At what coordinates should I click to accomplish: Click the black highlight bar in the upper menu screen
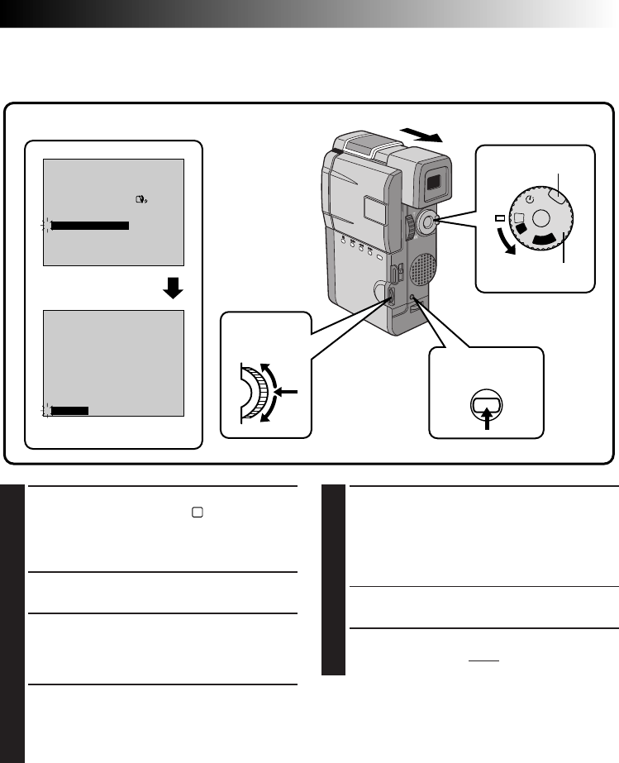click(x=88, y=224)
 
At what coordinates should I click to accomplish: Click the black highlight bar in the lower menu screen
click(x=69, y=409)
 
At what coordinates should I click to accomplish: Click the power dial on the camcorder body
click(x=428, y=220)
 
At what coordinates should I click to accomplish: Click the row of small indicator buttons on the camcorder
click(x=357, y=245)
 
